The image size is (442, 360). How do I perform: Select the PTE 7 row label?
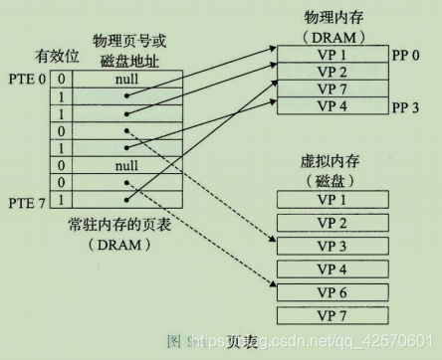30,202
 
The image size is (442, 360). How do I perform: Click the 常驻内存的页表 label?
119,226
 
